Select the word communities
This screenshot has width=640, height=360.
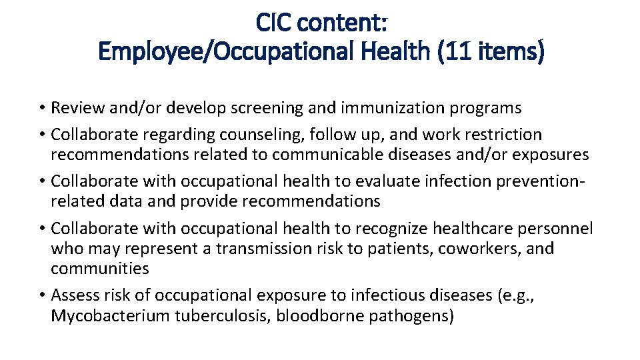(100, 269)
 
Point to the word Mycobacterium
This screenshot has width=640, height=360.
(110, 315)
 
